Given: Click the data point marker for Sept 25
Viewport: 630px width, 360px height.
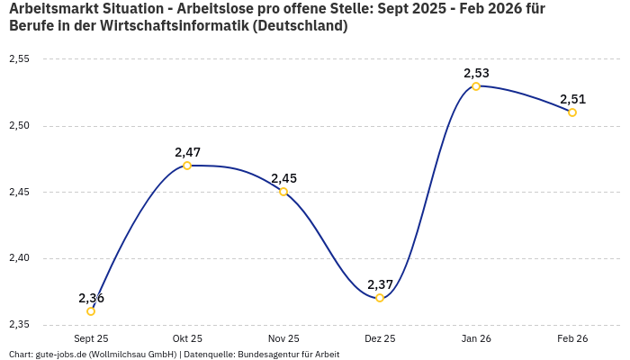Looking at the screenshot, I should (91, 311).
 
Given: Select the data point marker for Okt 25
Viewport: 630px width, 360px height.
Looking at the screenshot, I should (187, 166).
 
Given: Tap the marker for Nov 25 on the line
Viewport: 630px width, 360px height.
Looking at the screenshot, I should (283, 192).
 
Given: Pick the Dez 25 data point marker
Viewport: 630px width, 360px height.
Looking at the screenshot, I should (380, 298).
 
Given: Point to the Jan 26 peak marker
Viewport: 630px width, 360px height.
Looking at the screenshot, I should (476, 86).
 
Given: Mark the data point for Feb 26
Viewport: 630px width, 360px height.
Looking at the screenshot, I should (572, 112).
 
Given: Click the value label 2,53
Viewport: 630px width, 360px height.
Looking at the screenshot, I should (476, 73).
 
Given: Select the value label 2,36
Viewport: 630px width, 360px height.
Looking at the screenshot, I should (91, 298).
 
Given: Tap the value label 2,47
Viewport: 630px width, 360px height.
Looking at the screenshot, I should (187, 152).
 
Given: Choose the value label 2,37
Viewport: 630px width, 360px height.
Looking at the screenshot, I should (380, 284).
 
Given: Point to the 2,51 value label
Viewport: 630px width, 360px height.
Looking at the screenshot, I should (572, 99).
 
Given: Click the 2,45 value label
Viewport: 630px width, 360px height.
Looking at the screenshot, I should (283, 178).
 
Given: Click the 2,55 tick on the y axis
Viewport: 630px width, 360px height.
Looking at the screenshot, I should (19, 59).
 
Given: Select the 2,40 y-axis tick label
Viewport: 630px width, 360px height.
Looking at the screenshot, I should (19, 258).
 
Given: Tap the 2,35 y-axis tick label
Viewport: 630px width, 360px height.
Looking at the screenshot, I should (19, 324).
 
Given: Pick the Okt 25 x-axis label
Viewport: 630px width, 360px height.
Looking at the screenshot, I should (187, 338).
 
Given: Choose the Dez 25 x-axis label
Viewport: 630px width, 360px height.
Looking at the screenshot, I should (380, 338).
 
